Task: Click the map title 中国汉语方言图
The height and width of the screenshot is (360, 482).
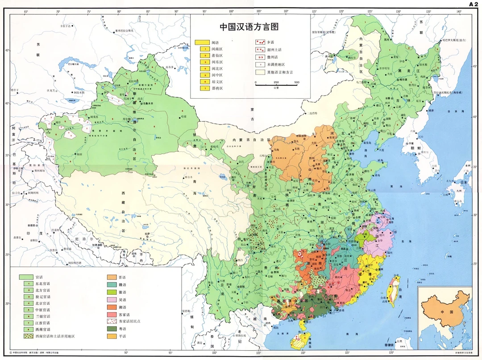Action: point(249,26)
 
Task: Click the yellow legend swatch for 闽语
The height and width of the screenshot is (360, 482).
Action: point(202,42)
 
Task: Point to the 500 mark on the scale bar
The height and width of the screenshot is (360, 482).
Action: point(296,83)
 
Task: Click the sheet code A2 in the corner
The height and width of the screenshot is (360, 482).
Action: point(473,4)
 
